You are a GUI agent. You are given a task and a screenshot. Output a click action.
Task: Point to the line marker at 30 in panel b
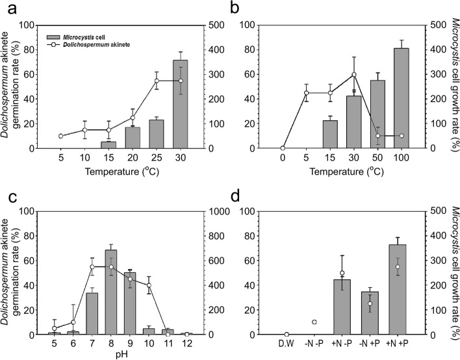coord(354,74)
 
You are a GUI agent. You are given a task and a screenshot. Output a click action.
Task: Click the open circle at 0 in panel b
coord(282,148)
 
